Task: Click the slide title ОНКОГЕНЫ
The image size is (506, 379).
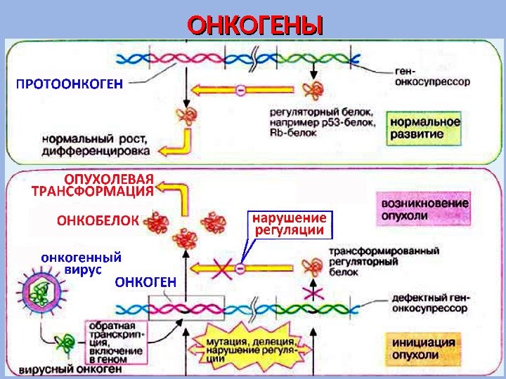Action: click(255, 26)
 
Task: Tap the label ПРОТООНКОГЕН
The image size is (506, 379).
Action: click(69, 84)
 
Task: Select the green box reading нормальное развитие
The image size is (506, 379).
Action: click(425, 127)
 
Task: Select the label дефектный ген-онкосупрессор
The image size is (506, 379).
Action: click(430, 302)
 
